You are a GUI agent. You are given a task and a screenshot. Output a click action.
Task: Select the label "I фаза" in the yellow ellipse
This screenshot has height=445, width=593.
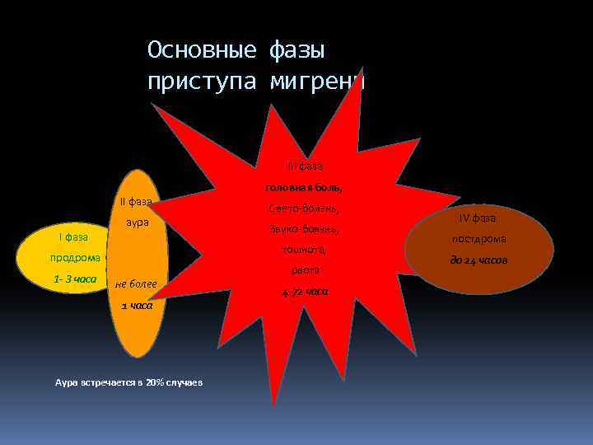(x=73, y=237)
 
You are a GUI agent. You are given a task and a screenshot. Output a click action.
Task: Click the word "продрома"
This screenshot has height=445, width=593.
(x=73, y=257)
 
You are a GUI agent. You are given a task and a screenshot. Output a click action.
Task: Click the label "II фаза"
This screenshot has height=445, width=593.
(x=136, y=202)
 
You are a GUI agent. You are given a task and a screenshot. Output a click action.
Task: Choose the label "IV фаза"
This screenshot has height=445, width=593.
(x=478, y=218)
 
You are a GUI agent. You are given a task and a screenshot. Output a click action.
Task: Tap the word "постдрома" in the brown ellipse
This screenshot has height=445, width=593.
(x=478, y=239)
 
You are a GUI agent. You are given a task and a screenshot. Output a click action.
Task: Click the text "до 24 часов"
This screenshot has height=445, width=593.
(x=479, y=260)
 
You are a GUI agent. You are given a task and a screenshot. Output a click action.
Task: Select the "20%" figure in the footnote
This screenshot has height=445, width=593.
(x=155, y=383)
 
